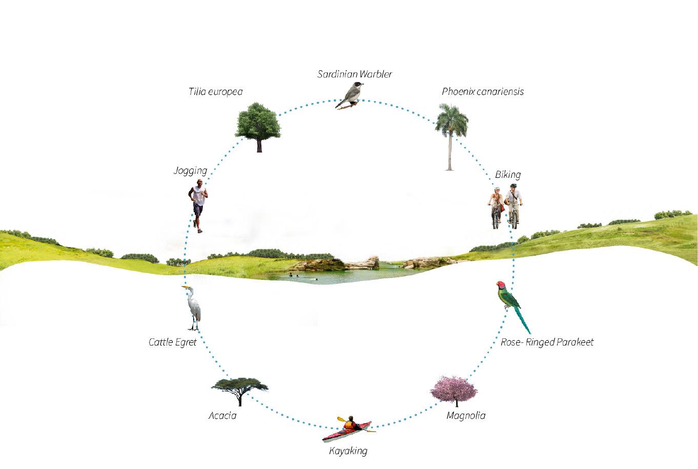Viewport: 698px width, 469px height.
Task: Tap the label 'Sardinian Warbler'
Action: coord(355,74)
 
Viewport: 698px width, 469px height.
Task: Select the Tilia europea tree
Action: coord(258,124)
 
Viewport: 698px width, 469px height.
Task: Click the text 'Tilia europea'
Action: coord(215,92)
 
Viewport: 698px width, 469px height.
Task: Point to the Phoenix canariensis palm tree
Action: coord(450,131)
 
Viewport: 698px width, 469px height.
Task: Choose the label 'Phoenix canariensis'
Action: coord(483,92)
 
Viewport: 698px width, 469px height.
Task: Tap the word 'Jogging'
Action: coord(190,171)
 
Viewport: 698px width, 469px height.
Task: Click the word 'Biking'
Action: coord(508,174)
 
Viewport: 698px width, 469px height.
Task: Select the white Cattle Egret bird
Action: coord(193,308)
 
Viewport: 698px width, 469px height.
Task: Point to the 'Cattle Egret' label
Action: coord(173,342)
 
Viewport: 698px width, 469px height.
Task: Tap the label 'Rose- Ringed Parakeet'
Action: coord(547,342)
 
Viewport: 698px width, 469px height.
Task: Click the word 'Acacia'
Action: coord(222,415)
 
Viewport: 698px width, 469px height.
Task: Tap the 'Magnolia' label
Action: coord(466,415)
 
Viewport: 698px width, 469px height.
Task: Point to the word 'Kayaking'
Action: coord(348,451)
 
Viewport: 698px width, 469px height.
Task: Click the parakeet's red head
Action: coord(501,284)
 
